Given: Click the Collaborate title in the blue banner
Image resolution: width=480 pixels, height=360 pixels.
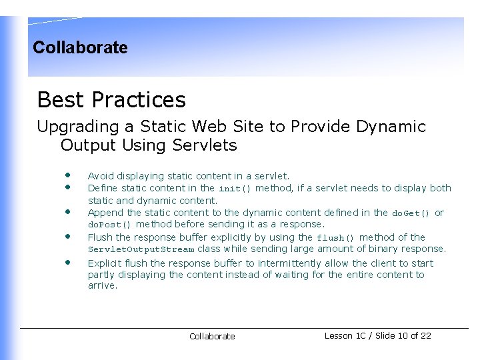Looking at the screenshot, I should click(x=80, y=48).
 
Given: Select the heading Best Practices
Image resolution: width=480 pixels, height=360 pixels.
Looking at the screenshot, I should click(x=111, y=100).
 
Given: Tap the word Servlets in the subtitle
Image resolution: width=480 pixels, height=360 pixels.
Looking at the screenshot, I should click(x=204, y=145).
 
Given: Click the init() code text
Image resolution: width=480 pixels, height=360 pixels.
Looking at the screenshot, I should click(x=235, y=189).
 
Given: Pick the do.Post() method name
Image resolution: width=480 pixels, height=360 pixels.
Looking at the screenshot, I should click(x=110, y=225).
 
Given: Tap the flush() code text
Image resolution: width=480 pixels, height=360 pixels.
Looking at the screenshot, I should click(x=336, y=237).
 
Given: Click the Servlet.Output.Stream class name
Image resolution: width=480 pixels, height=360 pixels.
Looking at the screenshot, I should click(x=141, y=249).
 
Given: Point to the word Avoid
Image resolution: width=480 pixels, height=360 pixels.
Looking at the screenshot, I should click(x=101, y=176).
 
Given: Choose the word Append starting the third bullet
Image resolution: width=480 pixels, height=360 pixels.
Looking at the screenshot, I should click(x=105, y=213).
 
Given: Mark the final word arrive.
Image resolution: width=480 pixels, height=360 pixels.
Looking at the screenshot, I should click(x=103, y=286).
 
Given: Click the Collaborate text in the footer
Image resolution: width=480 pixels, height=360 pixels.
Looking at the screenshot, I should click(x=212, y=337).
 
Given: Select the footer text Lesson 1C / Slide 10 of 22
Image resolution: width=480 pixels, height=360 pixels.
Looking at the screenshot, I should click(x=377, y=335).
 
